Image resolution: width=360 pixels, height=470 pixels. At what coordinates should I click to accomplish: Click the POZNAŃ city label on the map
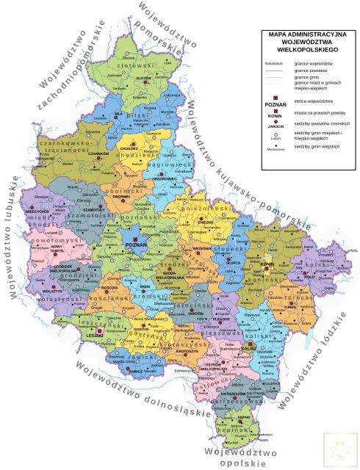click(132, 244)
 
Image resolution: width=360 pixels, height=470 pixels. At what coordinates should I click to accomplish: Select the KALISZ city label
click(251, 350)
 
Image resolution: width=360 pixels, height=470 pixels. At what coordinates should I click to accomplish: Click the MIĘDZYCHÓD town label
click(37, 211)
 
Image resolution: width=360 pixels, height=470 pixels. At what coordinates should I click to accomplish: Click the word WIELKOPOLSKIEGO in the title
click(303, 48)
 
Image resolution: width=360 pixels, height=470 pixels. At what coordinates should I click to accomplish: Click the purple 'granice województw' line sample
click(275, 65)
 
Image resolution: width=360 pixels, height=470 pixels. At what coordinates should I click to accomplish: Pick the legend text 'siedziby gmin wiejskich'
click(317, 147)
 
